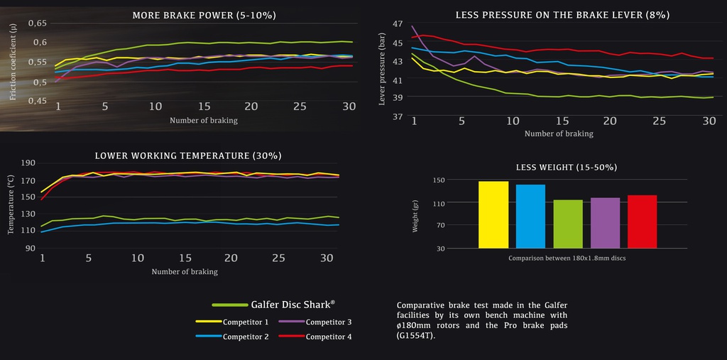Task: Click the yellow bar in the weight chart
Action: [493, 214]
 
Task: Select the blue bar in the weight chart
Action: [530, 216]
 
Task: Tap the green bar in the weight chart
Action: [568, 224]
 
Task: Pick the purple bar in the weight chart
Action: [605, 223]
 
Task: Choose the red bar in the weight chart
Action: [642, 222]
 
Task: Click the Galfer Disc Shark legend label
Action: [292, 304]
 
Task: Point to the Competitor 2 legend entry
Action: [245, 337]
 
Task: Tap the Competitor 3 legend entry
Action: [328, 322]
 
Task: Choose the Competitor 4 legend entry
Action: [328, 337]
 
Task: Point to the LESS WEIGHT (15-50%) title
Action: [566, 167]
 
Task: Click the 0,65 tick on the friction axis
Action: [37, 23]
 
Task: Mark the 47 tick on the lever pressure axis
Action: [397, 23]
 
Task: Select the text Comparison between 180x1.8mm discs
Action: [567, 258]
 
